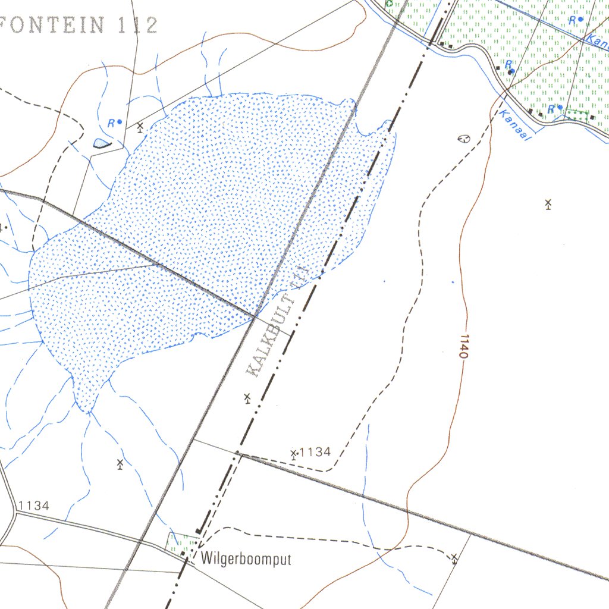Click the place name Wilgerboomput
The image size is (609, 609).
(246, 559)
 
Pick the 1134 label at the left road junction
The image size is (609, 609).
(33, 506)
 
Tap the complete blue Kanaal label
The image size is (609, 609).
(514, 125)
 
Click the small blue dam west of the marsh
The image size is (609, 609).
(102, 143)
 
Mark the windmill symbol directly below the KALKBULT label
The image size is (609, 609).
(247, 398)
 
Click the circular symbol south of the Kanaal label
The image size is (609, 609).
(463, 139)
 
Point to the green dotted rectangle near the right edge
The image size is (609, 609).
(575, 117)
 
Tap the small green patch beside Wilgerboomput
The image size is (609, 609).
(181, 543)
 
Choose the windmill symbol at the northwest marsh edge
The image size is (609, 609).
(140, 127)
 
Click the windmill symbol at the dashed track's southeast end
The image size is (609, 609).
(454, 558)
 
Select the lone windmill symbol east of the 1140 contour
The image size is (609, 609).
(548, 204)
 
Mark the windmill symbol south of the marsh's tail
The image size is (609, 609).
(120, 463)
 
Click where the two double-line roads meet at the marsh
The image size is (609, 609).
(255, 316)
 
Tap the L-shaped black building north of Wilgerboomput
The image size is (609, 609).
(200, 529)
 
